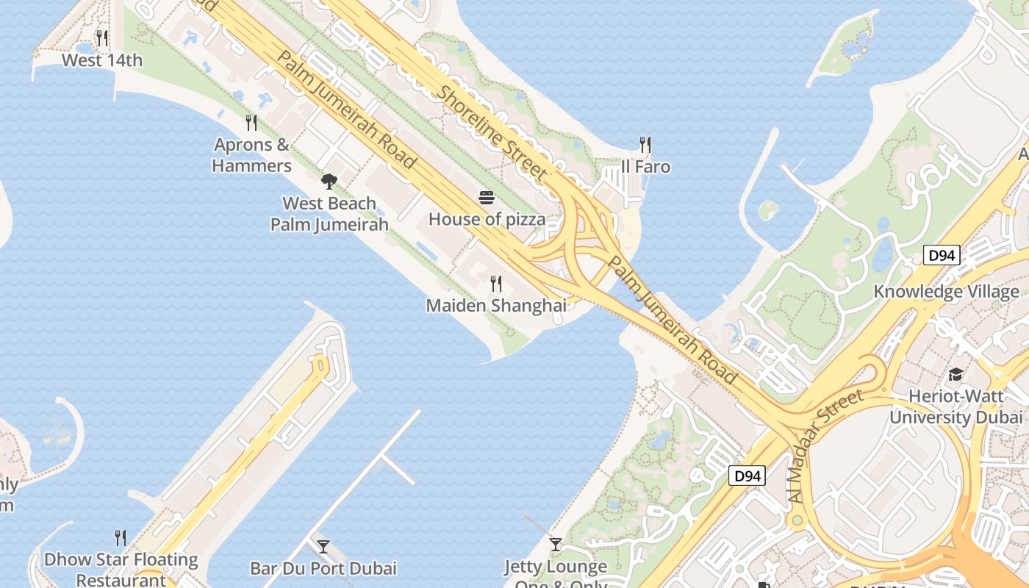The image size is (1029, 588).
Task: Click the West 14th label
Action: point(102,60)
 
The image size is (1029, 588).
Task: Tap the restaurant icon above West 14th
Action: point(102,37)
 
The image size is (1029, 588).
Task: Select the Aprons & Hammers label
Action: point(251,155)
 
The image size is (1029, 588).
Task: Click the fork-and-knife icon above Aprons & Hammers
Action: point(251,122)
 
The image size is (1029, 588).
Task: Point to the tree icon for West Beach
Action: point(329,181)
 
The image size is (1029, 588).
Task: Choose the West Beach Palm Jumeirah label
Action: point(329,214)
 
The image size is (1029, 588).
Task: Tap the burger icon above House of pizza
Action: point(487,197)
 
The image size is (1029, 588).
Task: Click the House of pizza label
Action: point(487,219)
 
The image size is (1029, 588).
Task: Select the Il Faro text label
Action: point(645,167)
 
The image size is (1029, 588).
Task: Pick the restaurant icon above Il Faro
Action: point(645,144)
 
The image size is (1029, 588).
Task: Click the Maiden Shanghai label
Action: point(496,305)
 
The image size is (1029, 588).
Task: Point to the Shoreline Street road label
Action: point(492,132)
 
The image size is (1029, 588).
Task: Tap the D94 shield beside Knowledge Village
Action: point(942,255)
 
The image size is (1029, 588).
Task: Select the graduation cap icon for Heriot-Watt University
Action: point(955,375)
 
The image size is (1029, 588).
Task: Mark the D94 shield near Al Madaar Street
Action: point(747,476)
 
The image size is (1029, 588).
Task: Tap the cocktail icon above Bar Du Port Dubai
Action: point(323,546)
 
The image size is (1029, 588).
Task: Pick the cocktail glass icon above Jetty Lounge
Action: point(556,545)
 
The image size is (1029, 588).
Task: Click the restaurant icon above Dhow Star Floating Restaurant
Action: point(121,538)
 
